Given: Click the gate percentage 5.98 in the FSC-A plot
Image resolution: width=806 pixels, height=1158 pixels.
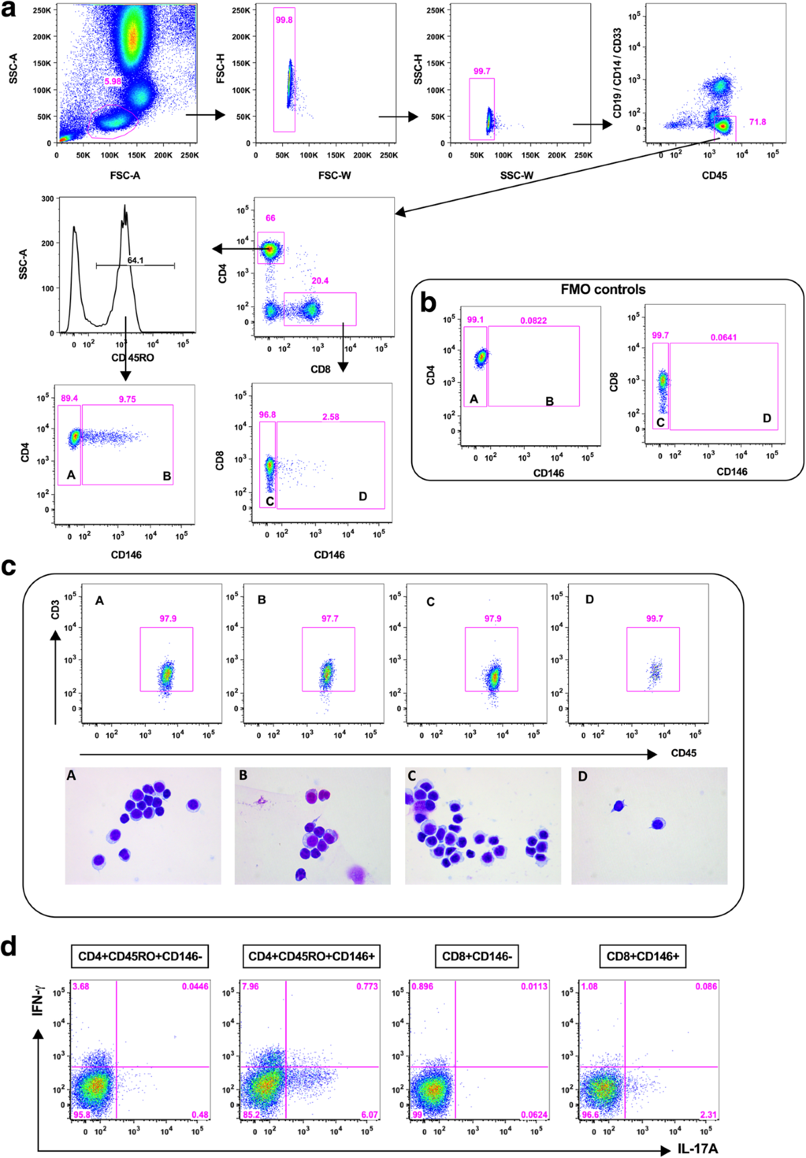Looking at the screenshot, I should click(x=113, y=81).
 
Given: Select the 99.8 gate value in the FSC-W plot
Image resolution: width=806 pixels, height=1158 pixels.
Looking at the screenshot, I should click(x=284, y=20).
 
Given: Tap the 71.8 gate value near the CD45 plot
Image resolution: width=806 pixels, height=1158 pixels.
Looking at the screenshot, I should click(x=758, y=122).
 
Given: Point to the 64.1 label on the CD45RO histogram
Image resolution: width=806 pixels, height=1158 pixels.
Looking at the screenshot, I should click(x=135, y=260).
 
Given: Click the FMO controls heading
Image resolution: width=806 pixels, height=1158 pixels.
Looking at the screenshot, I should click(x=603, y=289).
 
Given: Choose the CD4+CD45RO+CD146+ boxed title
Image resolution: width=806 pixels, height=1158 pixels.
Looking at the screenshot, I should click(x=311, y=956).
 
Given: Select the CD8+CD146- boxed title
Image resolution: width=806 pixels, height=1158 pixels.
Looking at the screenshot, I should click(x=477, y=956).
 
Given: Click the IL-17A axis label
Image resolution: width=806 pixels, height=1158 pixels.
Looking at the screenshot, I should click(x=697, y=1149).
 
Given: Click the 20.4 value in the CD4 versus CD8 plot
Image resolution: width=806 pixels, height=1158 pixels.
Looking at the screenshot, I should click(x=320, y=281).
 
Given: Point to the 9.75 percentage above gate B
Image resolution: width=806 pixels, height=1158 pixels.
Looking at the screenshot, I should click(x=127, y=399).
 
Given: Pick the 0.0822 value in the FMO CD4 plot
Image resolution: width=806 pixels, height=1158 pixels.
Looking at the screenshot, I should click(x=533, y=320).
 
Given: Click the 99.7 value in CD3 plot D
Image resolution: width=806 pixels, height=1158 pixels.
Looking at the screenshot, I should click(x=654, y=618).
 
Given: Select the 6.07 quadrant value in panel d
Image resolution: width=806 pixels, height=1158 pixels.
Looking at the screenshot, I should click(x=369, y=1114).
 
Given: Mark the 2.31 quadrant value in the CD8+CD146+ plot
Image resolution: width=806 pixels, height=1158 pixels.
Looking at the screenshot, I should click(x=709, y=1114).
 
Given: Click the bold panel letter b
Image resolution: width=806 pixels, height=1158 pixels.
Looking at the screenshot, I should click(x=428, y=303).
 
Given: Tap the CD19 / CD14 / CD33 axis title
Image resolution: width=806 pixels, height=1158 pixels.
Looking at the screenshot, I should click(x=617, y=73).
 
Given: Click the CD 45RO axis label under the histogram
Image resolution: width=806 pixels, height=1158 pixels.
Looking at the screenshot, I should click(x=132, y=358).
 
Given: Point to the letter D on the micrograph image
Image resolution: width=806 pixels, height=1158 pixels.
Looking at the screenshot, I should click(x=582, y=776).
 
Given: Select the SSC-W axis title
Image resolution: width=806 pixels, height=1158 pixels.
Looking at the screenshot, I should click(x=517, y=175).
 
